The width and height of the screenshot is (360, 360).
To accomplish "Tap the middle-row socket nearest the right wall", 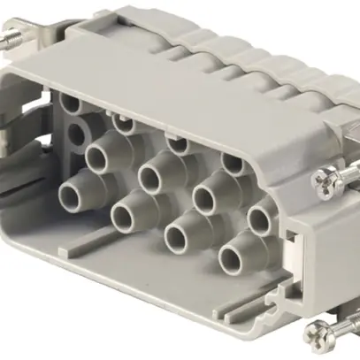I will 260,218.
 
